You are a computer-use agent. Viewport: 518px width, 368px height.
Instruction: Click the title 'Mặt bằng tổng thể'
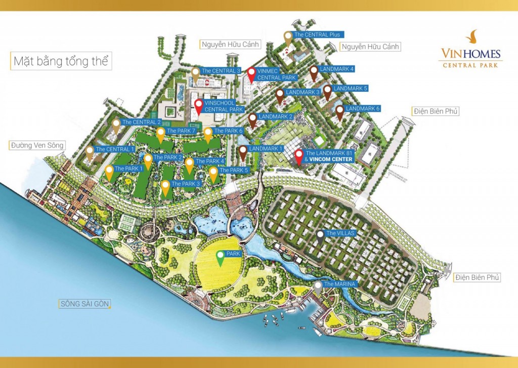tap(60, 62)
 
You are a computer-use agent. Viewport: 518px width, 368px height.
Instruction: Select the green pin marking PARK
tap(221, 257)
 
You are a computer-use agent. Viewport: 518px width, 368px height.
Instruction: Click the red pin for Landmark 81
tap(298, 155)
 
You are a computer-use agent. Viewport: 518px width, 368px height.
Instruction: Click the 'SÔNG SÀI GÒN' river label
tap(84, 304)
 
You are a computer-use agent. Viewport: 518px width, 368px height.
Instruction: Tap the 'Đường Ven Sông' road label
tap(37, 145)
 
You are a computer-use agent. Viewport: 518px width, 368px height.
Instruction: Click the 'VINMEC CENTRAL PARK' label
tap(276, 74)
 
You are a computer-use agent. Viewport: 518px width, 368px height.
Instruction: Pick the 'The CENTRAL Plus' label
tap(317, 35)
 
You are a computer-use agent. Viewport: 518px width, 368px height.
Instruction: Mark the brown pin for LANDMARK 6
tap(339, 111)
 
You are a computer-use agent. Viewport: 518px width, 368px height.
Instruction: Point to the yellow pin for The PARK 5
tap(213, 173)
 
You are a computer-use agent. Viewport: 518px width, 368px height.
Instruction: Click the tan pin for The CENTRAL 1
tap(90, 151)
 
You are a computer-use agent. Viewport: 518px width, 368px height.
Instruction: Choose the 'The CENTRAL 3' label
tap(221, 71)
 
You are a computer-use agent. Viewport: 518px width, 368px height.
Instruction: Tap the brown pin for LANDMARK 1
tap(243, 151)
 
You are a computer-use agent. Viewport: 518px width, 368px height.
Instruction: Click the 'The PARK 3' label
tap(186, 184)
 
